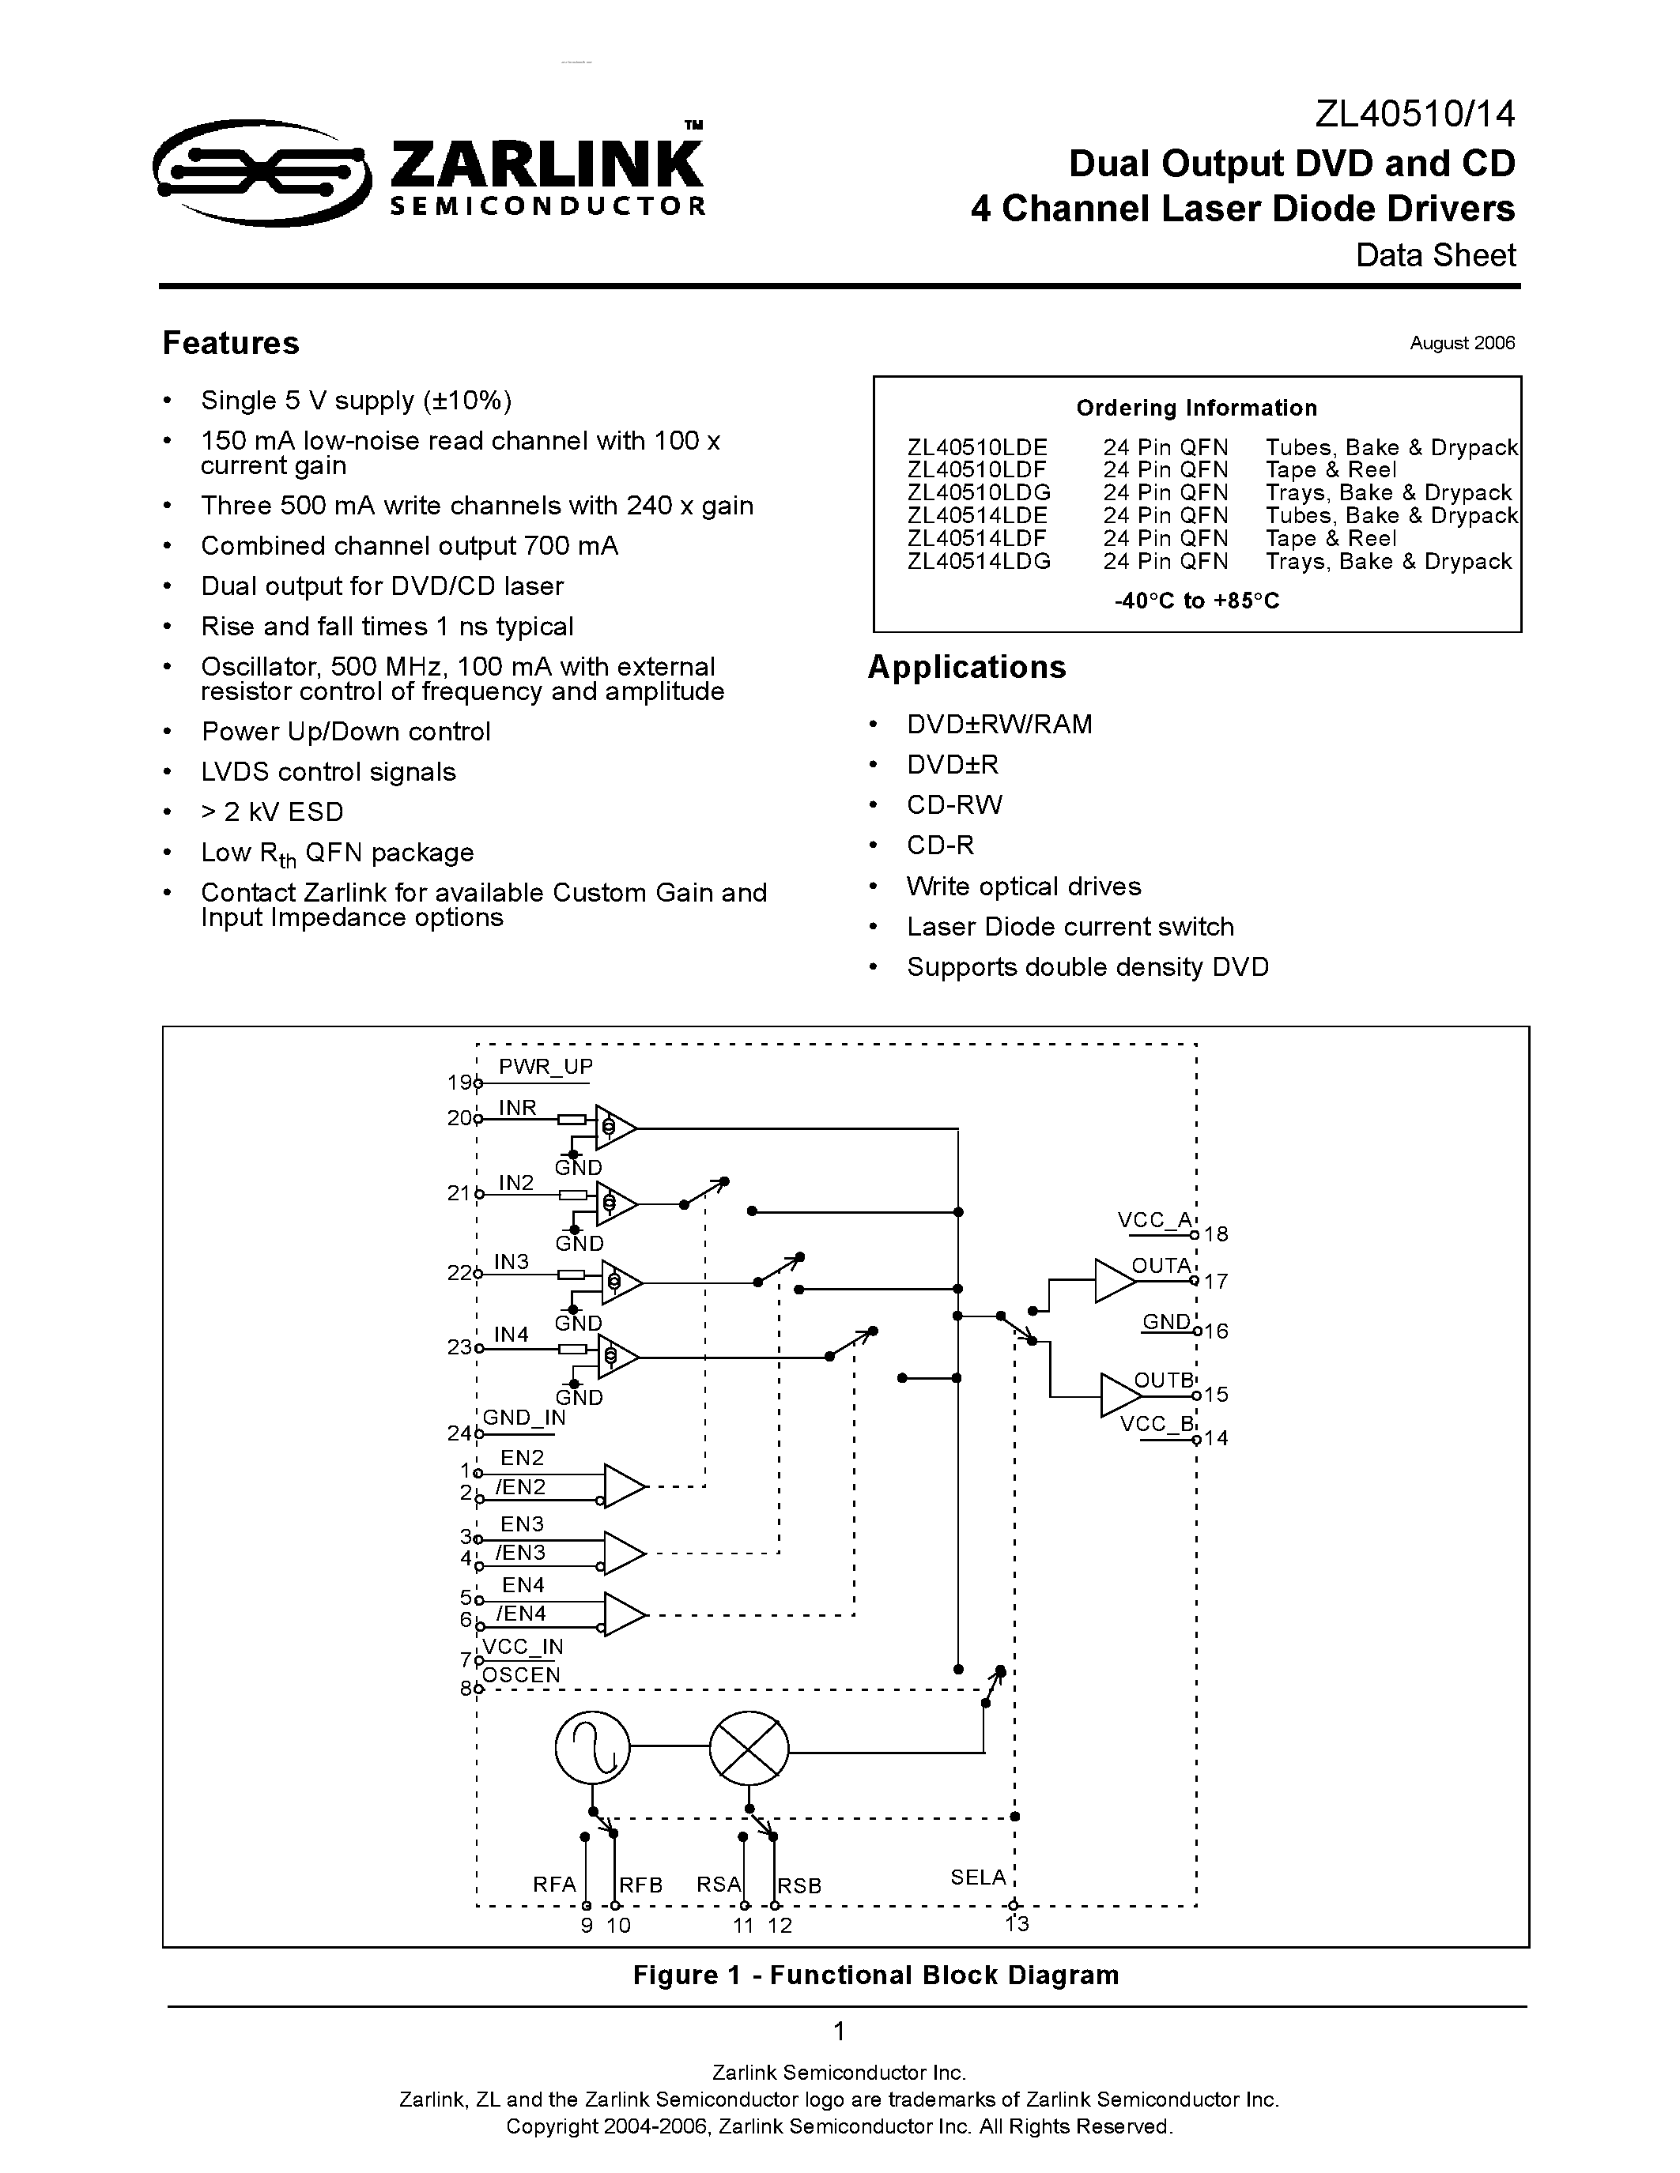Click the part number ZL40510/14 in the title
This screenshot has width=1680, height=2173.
[1414, 115]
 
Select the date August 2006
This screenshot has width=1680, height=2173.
[1461, 343]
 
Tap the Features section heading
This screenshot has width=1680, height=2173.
[230, 343]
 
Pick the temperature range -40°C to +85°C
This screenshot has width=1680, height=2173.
[1196, 601]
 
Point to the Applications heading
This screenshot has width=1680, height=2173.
[966, 667]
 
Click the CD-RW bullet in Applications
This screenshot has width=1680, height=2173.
[953, 805]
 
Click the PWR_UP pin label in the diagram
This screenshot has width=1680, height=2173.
[546, 1067]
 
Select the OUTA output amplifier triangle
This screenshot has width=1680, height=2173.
[1112, 1281]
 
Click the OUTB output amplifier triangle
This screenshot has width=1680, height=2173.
[1118, 1395]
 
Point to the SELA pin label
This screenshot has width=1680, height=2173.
[977, 1877]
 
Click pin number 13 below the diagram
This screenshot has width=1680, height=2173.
[1016, 1923]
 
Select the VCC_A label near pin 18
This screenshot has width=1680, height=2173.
[1153, 1220]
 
